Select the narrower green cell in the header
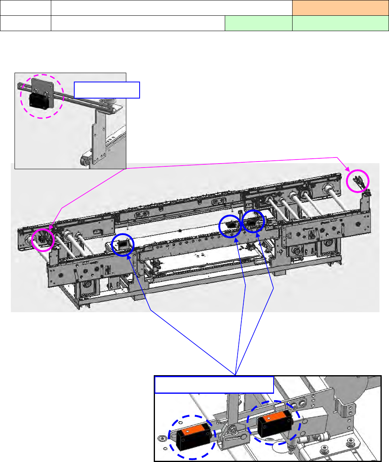258,23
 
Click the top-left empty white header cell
25,8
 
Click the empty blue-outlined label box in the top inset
107,90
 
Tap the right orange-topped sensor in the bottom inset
274,423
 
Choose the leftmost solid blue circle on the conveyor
123,244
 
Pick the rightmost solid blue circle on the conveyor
253,221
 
